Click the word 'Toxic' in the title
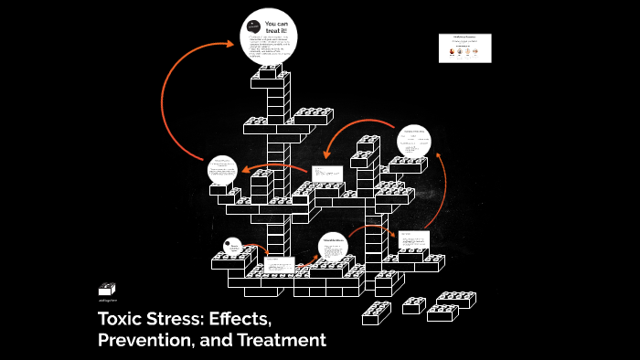pyautogui.click(x=124, y=321)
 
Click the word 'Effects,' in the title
pyautogui.click(x=235, y=321)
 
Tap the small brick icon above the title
pyautogui.click(x=107, y=288)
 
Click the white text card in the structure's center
pyautogui.click(x=326, y=173)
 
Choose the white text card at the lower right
pyautogui.click(x=413, y=246)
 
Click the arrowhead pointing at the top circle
pyautogui.click(x=230, y=41)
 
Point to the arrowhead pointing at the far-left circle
pyautogui.click(x=245, y=170)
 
